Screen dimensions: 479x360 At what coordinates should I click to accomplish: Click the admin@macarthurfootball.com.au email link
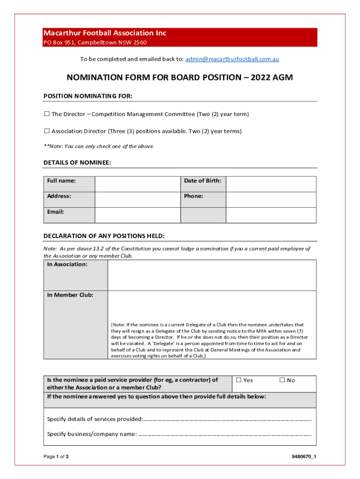[232, 59]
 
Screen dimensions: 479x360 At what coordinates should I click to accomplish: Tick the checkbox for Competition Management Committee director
[47, 114]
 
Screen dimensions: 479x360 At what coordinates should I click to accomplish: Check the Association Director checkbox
[47, 131]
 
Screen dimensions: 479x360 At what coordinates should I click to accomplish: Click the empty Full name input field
[137, 184]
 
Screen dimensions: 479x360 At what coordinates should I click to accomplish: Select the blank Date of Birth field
[271, 184]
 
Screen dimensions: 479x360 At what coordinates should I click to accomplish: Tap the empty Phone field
[271, 200]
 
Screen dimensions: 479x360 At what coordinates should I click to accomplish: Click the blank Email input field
[137, 215]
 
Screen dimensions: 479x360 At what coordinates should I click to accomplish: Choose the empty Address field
[137, 200]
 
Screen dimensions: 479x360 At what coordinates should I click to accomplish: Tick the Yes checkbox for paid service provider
[239, 380]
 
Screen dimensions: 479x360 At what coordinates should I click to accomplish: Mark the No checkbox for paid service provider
[282, 380]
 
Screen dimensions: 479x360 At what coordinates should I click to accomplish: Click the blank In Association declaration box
[211, 276]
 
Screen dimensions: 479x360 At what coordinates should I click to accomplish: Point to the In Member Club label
[70, 295]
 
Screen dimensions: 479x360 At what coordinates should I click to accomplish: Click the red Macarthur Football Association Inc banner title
[105, 33]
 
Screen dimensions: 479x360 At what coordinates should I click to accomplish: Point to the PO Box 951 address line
[95, 43]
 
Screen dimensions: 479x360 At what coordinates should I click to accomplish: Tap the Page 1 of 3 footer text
[56, 457]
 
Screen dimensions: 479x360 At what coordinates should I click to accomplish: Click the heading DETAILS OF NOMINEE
[77, 163]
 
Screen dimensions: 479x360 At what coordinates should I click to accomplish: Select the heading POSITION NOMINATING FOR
[88, 96]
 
